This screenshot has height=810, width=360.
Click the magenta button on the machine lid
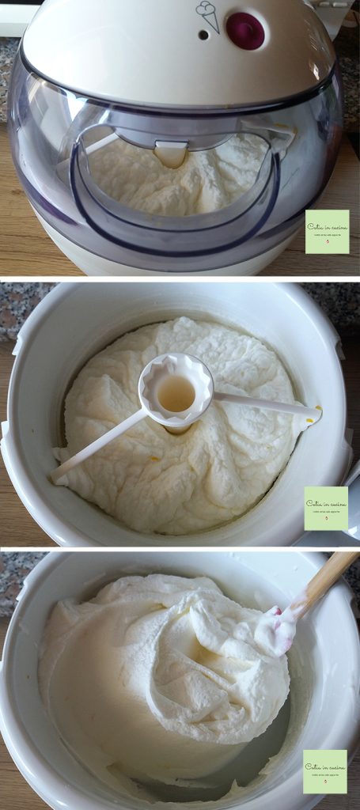click(245, 30)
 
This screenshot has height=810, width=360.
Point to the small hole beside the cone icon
click(203, 34)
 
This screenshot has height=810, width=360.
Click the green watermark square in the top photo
click(327, 231)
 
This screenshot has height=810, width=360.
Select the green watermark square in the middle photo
click(326, 508)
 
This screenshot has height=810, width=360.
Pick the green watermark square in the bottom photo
click(324, 771)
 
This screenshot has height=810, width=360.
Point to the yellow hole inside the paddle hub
click(176, 392)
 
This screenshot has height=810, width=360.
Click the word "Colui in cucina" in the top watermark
click(327, 225)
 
